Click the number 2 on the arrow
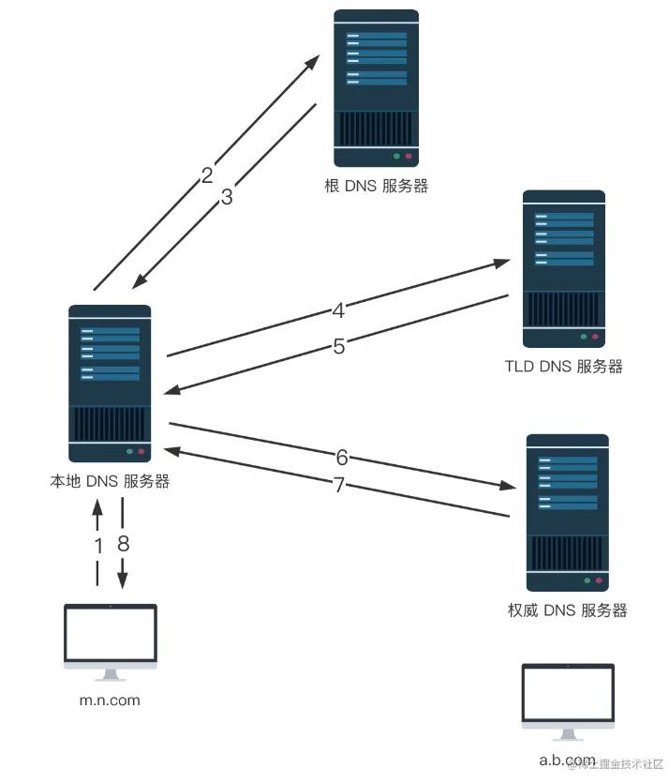click(207, 174)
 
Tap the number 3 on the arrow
click(227, 197)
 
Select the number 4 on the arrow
click(338, 310)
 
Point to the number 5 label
click(339, 346)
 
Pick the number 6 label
click(342, 457)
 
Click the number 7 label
click(339, 485)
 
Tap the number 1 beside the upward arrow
click(98, 546)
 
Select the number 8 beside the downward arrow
click(124, 543)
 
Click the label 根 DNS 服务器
click(376, 186)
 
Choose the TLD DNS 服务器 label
click(564, 366)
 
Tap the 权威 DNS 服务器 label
click(567, 610)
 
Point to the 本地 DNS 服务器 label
click(110, 481)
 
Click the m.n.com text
click(110, 700)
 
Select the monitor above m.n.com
click(111, 642)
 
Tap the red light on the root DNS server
click(409, 157)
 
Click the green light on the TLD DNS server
click(583, 337)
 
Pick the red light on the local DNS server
click(141, 451)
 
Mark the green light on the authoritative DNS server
click(587, 580)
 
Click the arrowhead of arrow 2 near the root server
click(313, 62)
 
